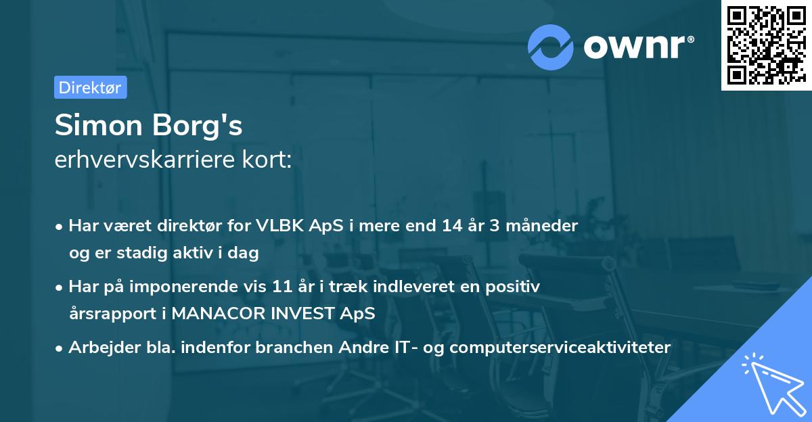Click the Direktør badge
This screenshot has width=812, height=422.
(90, 87)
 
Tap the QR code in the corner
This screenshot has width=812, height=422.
(766, 45)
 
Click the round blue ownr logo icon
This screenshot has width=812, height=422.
(551, 47)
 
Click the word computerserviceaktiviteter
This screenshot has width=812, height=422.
(560, 348)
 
